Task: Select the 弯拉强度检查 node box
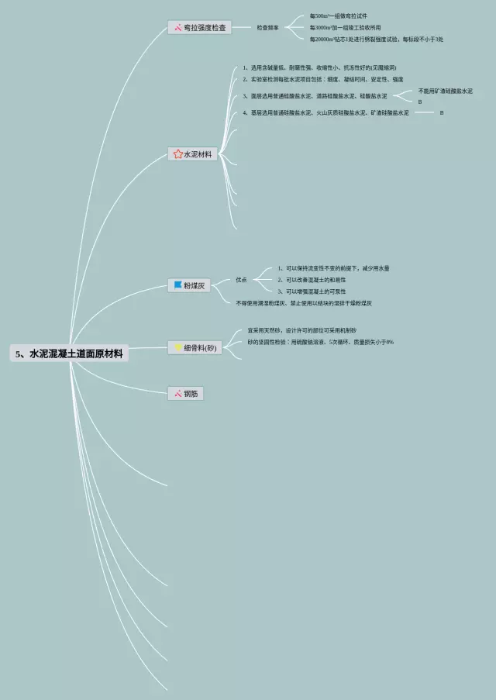tap(200, 28)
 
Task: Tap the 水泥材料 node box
tap(192, 154)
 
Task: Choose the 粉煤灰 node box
tap(188, 286)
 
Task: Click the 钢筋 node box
tap(186, 394)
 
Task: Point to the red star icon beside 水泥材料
tap(177, 154)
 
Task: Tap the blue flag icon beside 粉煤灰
tap(177, 286)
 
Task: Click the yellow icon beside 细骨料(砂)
tap(177, 348)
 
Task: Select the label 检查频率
tap(267, 28)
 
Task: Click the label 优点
tap(241, 280)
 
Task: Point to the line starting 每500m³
tap(338, 16)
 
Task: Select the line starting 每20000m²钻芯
tap(376, 39)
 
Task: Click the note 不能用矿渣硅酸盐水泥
tap(445, 91)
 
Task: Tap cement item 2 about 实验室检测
tap(322, 79)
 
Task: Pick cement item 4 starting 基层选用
tap(325, 113)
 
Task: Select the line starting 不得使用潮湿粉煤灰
tap(304, 302)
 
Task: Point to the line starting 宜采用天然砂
tap(302, 330)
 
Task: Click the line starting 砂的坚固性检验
tap(320, 342)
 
